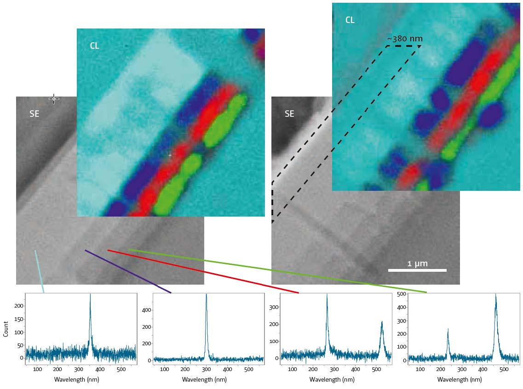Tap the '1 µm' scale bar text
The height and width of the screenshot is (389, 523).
click(418, 264)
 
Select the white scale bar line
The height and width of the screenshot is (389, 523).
click(417, 270)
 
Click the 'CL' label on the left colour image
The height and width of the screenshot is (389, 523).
click(94, 46)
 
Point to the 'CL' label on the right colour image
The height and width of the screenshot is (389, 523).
click(350, 20)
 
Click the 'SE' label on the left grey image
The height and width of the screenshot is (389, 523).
click(34, 114)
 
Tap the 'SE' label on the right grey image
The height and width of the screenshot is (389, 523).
click(289, 114)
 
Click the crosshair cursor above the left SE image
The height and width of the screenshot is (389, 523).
click(54, 98)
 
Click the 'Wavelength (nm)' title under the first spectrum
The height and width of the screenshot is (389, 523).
click(76, 380)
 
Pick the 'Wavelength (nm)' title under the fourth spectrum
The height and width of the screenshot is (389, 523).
click(460, 380)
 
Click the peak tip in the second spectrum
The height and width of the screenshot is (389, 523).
click(206, 295)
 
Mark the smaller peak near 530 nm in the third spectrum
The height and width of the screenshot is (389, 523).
click(382, 322)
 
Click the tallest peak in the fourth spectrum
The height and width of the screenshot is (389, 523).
click(495, 295)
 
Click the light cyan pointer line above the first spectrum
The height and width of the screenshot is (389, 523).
click(40, 271)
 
